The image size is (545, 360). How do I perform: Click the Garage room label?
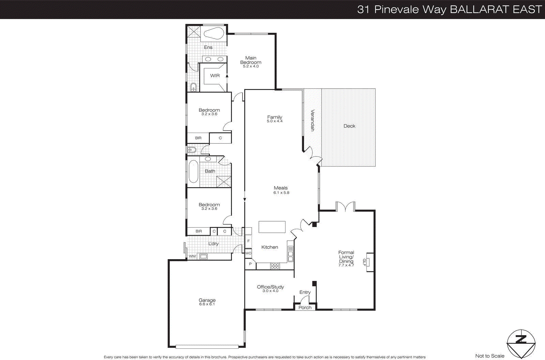pos(207,300)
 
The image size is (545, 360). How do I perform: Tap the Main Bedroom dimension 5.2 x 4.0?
pos(251,66)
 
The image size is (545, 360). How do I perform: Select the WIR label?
pos(215,76)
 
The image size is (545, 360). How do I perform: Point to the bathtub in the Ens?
pos(214,34)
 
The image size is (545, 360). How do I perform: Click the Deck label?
pos(349,126)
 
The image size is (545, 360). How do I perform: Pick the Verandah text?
pos(312,120)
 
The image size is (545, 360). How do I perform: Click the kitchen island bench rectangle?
pos(272,227)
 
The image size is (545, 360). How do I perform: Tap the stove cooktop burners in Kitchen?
pos(275,266)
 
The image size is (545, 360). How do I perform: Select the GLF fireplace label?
pos(364,262)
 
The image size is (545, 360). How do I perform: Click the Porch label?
pos(305,307)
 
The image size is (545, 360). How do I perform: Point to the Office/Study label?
pos(270,287)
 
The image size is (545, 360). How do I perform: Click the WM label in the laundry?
pos(192,256)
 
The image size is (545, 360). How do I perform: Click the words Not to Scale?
pos(489,356)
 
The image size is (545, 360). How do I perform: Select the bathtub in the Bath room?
pos(193,172)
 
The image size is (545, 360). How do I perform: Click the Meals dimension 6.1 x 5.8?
pos(281,193)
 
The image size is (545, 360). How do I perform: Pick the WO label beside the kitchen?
pos(248,253)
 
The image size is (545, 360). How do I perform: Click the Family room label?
pos(275,117)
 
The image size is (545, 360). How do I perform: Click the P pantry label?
pos(250,264)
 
